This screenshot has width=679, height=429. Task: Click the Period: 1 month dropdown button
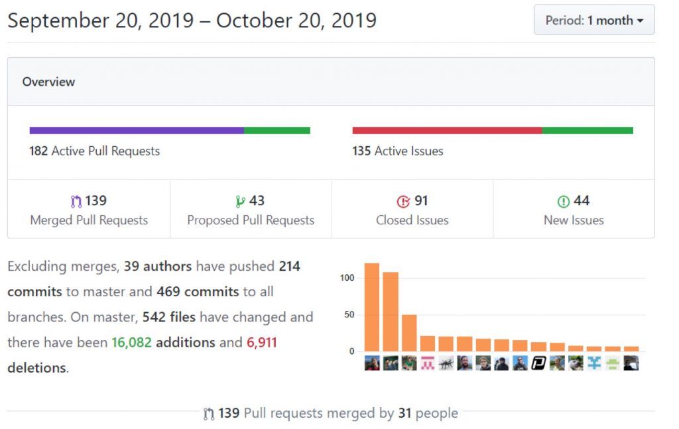tap(594, 20)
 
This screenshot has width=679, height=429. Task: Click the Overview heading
tap(48, 82)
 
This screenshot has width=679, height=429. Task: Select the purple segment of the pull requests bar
tap(137, 131)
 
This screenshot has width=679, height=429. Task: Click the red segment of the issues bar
tap(447, 131)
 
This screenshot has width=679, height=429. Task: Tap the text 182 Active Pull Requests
tap(94, 151)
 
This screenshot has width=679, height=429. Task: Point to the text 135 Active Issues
tap(398, 151)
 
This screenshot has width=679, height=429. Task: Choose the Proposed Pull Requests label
tap(251, 220)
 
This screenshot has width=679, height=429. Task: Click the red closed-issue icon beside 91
tap(402, 201)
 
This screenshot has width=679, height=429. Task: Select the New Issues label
tap(574, 220)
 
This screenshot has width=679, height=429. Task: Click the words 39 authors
tap(158, 266)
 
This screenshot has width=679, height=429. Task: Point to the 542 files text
tap(169, 317)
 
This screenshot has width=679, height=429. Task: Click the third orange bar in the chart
tap(409, 332)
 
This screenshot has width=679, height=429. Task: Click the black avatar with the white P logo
tap(538, 363)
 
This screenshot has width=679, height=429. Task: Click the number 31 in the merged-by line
tap(404, 413)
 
